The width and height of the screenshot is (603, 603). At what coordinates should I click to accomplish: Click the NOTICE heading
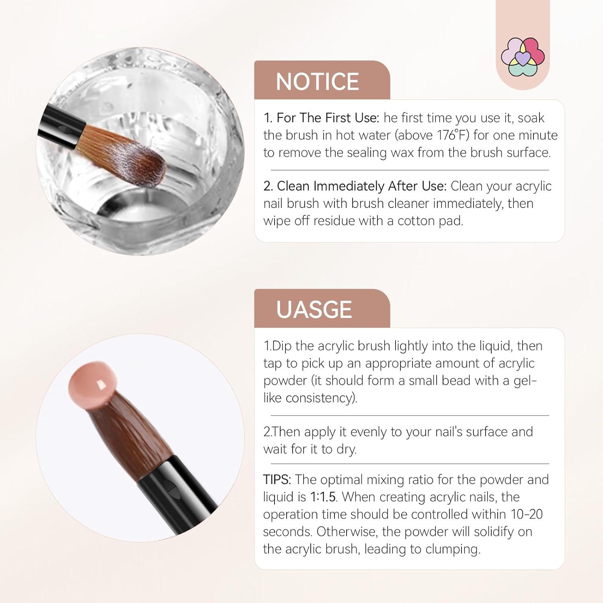(317, 82)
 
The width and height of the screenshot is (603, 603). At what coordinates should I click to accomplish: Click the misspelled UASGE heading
(314, 310)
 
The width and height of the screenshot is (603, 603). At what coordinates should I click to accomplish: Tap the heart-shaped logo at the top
(523, 57)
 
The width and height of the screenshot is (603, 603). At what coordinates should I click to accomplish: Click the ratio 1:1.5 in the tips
(323, 497)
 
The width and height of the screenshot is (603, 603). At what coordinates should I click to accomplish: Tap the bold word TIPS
(277, 480)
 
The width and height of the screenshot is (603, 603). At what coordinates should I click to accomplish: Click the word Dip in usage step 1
(280, 346)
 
